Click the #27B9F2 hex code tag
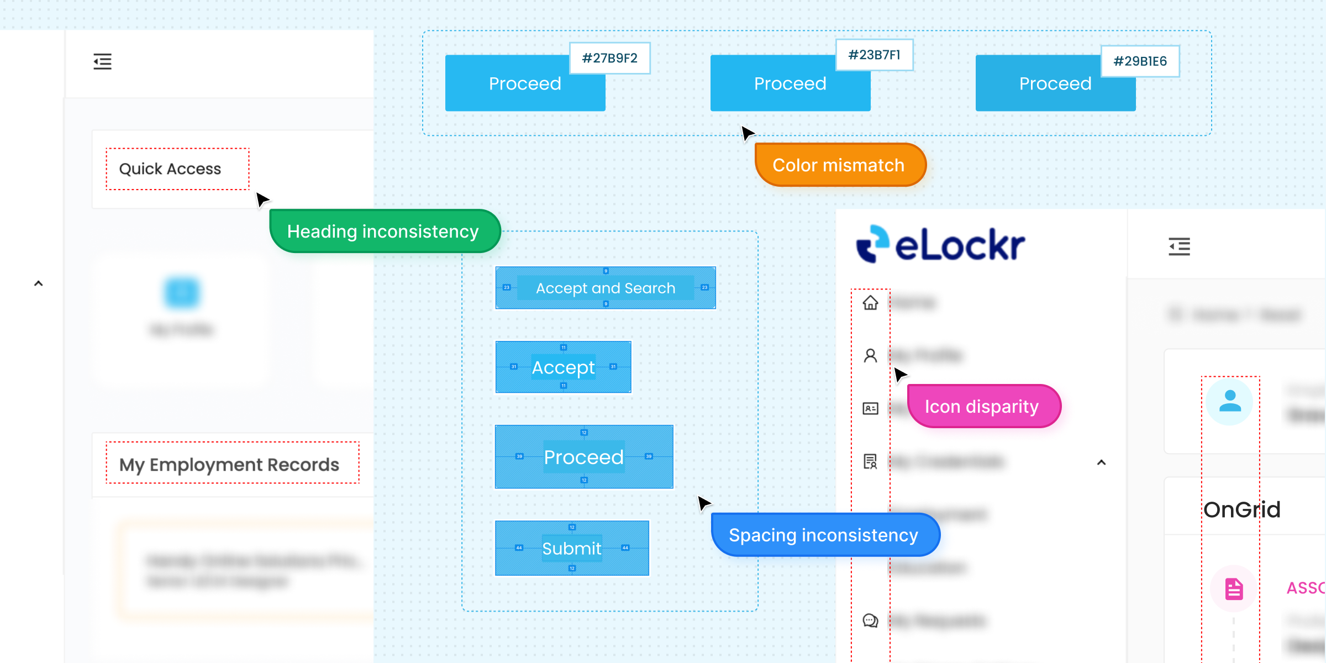[609, 58]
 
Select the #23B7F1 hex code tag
[874, 55]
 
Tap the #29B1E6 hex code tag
[1140, 61]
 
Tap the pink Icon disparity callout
[983, 407]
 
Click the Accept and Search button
[606, 288]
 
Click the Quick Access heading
[170, 169]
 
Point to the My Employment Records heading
[229, 464]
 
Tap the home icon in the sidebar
[870, 303]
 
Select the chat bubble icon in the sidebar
[870, 620]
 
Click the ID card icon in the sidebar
[870, 408]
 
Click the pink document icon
[1233, 589]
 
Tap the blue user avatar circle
[1230, 401]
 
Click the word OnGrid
[1241, 509]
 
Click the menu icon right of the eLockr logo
[1179, 246]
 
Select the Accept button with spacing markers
[563, 367]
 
